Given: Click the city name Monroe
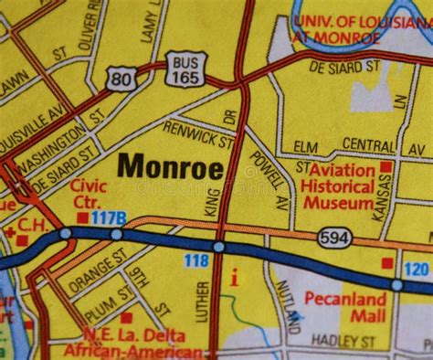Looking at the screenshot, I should (171, 167).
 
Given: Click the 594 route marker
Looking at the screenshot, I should (333, 238).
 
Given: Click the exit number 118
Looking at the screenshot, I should (195, 261).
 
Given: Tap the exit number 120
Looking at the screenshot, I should (416, 269).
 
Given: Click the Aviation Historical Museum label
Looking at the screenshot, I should (342, 186).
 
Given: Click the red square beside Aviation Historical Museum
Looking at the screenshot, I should (387, 167).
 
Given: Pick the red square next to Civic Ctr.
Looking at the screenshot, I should (82, 217).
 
